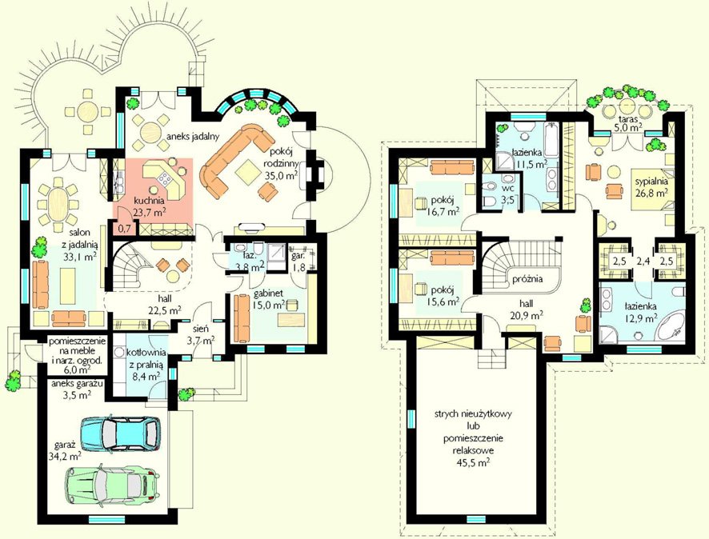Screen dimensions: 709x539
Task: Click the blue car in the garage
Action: tap(120, 433)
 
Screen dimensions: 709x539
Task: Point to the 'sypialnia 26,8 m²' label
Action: tap(651, 187)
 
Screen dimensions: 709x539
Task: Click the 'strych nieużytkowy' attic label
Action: tap(473, 414)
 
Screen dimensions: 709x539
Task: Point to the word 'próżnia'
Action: tap(527, 279)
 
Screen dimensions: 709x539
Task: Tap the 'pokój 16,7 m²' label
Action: tap(443, 205)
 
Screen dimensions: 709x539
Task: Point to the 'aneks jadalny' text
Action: tap(193, 135)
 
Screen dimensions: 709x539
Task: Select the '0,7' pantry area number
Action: tap(124, 229)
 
